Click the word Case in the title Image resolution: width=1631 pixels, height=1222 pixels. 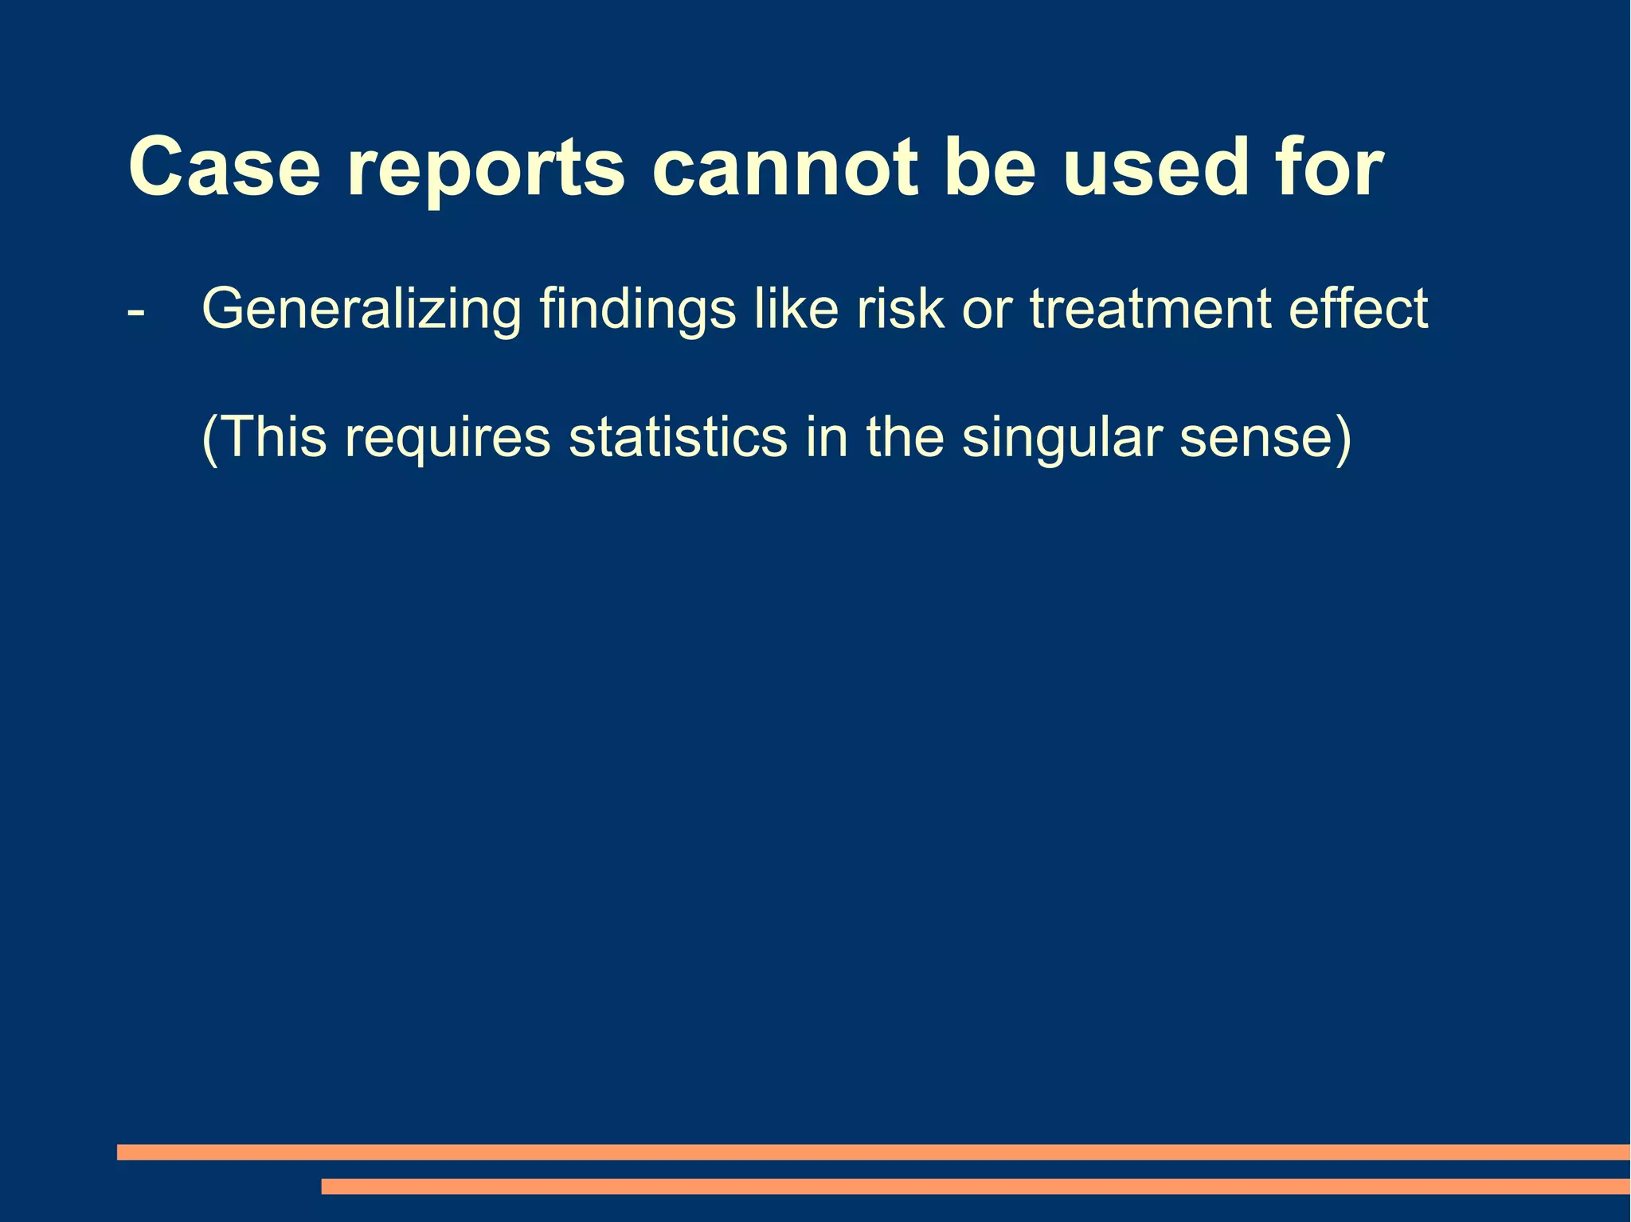pyautogui.click(x=224, y=168)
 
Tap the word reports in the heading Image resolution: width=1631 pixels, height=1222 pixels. pyautogui.click(x=486, y=171)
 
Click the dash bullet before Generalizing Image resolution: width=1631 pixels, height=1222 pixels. pyautogui.click(x=136, y=311)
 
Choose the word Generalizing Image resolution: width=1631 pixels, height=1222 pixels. pyautogui.click(x=362, y=310)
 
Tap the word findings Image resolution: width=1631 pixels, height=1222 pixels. pyautogui.click(x=637, y=310)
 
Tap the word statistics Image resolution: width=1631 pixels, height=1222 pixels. pyautogui.click(x=677, y=437)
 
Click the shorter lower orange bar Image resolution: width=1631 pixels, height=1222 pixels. pyautogui.click(x=976, y=1186)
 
